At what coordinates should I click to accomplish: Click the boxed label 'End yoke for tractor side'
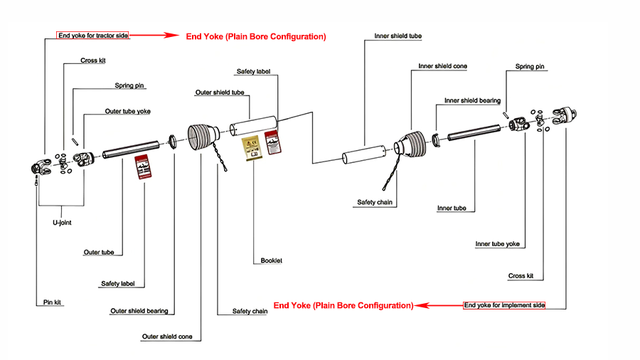pyautogui.click(x=93, y=35)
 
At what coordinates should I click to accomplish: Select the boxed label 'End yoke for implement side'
pyautogui.click(x=504, y=305)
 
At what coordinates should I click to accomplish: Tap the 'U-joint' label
pyautogui.click(x=61, y=222)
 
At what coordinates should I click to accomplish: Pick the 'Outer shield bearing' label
pyautogui.click(x=139, y=311)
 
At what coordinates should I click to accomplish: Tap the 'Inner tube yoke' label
pyautogui.click(x=497, y=244)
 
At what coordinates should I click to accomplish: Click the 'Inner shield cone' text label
pyautogui.click(x=442, y=66)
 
